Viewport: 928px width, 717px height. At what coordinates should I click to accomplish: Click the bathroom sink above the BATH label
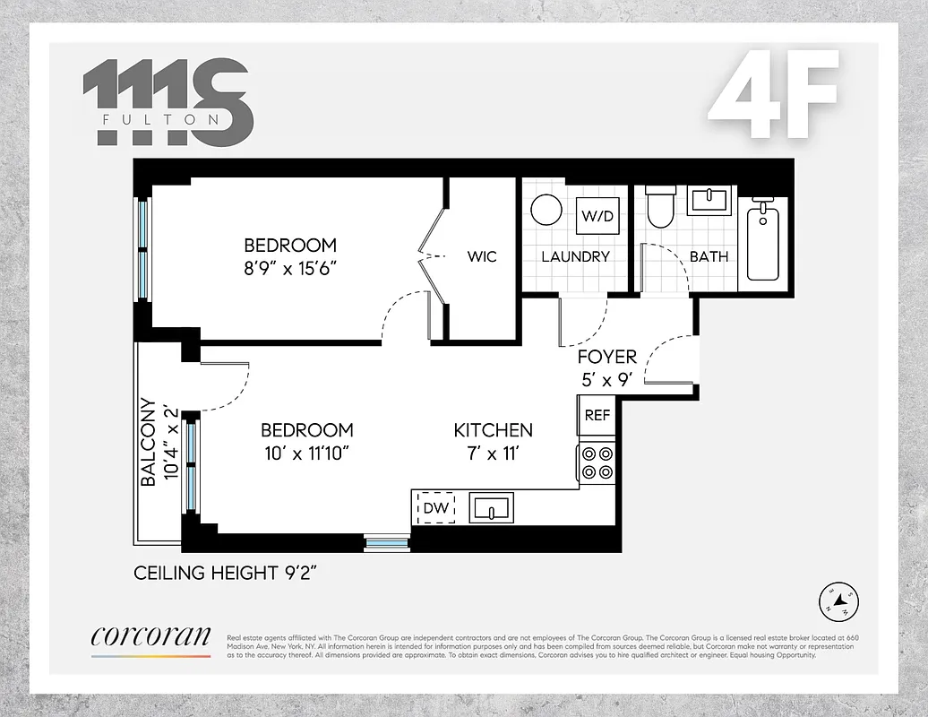point(710,200)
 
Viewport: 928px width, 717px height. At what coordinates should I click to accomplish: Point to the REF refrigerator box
point(597,416)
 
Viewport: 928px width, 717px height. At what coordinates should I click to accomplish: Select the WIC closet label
point(481,256)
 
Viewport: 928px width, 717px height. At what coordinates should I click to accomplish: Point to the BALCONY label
point(149,443)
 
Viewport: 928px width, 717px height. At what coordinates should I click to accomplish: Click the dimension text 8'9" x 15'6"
point(290,268)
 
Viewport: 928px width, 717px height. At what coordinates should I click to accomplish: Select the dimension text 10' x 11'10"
point(306,453)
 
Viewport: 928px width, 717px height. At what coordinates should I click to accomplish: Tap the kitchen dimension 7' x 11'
point(493,453)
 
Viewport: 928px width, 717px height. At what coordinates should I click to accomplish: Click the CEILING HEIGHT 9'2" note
point(226,573)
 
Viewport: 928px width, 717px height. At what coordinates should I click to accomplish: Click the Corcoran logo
point(150,637)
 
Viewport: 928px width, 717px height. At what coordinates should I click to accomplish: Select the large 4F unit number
point(775,95)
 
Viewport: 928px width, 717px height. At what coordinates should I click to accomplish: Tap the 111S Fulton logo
point(168,102)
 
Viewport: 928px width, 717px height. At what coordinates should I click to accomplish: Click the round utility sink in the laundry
point(546,211)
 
